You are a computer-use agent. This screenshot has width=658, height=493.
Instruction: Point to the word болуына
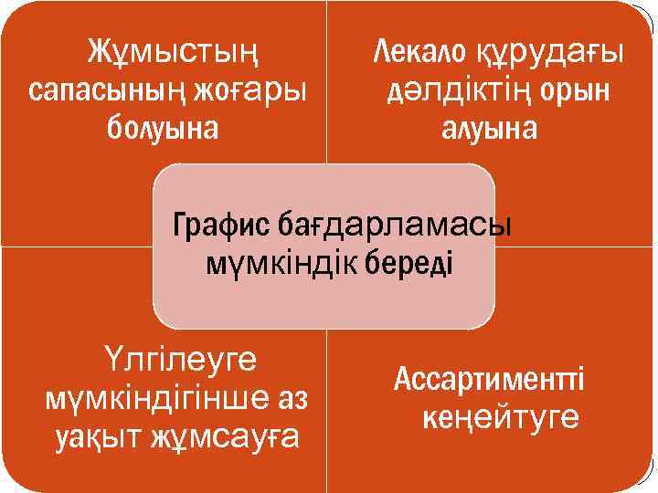pyautogui.click(x=163, y=128)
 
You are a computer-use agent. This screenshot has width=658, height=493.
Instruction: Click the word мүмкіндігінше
pyautogui.click(x=152, y=399)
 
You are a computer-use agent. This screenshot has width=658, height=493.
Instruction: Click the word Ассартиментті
pyautogui.click(x=489, y=379)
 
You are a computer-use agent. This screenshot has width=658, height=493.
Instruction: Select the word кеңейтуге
pyautogui.click(x=500, y=418)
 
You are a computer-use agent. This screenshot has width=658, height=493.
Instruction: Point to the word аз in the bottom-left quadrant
pyautogui.click(x=293, y=399)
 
